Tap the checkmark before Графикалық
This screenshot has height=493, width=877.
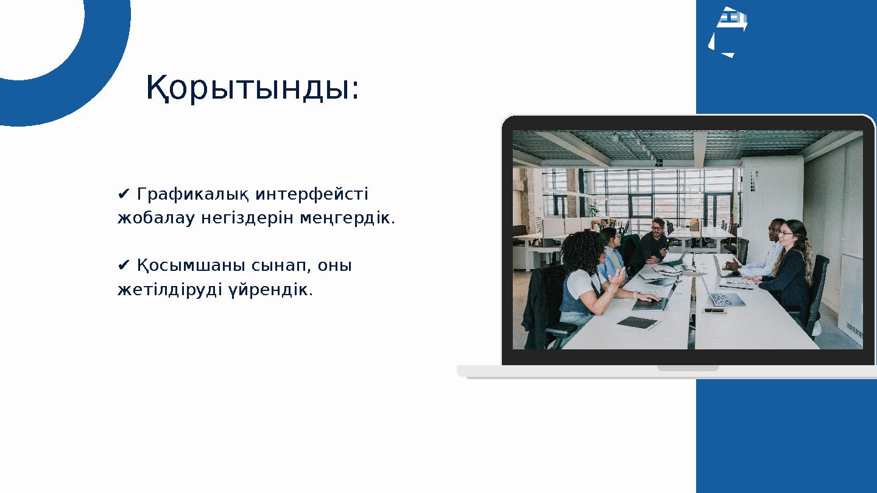point(123,194)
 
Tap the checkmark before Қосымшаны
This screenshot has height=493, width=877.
point(123,266)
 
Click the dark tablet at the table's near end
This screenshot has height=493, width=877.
point(637,323)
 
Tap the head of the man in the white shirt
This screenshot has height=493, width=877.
point(775,228)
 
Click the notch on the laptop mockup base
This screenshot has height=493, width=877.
point(688,368)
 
